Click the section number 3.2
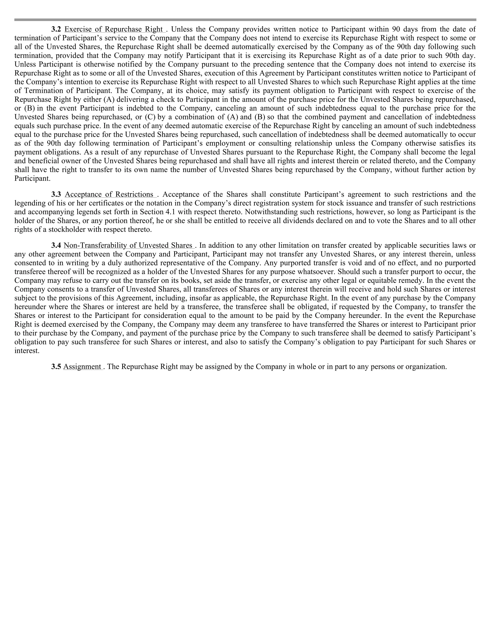(56, 29)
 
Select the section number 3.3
(56, 195)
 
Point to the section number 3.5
(56, 367)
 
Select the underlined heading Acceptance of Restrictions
(109, 195)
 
